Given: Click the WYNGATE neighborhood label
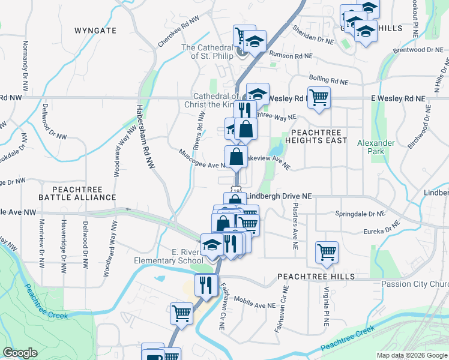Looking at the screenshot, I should point(95,29).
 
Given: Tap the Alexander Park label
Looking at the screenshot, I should point(376,147).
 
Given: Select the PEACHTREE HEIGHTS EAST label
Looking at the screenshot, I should point(318,136).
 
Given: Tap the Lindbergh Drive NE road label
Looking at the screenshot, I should point(279,196).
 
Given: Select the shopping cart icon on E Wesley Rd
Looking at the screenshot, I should point(319,97).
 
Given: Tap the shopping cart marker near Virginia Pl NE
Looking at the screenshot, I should point(327,252).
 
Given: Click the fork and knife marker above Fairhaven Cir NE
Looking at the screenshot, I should point(206,284).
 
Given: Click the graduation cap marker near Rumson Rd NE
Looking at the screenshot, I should point(255,42).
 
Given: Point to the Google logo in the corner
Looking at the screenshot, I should point(20,353).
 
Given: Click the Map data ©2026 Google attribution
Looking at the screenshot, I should point(412,355).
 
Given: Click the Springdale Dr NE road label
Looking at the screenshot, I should point(359,213).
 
